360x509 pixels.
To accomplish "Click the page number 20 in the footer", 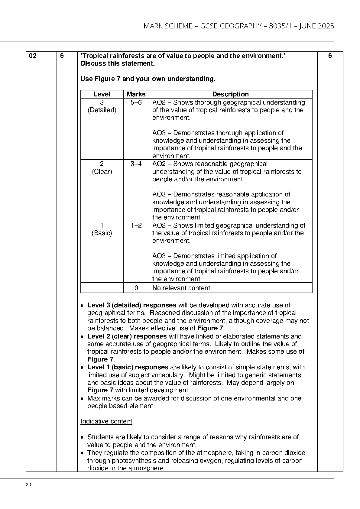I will click(x=28, y=485).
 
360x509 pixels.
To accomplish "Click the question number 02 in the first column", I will click(x=33, y=56).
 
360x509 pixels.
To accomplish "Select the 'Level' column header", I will click(x=102, y=94).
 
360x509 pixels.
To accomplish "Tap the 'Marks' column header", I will click(x=136, y=94).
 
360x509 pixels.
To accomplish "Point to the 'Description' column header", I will click(x=230, y=94).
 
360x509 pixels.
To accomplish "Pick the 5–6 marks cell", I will click(x=136, y=102).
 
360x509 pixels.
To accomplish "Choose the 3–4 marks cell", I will click(x=136, y=164).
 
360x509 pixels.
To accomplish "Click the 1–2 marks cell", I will click(x=136, y=225).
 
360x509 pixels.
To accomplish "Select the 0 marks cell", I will click(x=136, y=288).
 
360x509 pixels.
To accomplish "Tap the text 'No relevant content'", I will click(x=181, y=288).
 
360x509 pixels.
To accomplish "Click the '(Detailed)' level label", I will click(x=102, y=110).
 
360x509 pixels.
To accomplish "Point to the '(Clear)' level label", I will click(x=102, y=172).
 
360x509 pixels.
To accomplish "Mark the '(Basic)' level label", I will click(x=102, y=233).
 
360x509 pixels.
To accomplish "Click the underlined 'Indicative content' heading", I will click(x=106, y=421).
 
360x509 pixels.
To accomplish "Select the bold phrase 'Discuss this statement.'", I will click(x=118, y=63).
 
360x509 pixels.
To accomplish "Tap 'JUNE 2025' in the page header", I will click(x=316, y=26).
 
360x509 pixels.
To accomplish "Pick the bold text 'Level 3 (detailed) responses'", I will click(x=132, y=305).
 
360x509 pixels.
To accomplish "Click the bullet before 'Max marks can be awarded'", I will click(x=83, y=399).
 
